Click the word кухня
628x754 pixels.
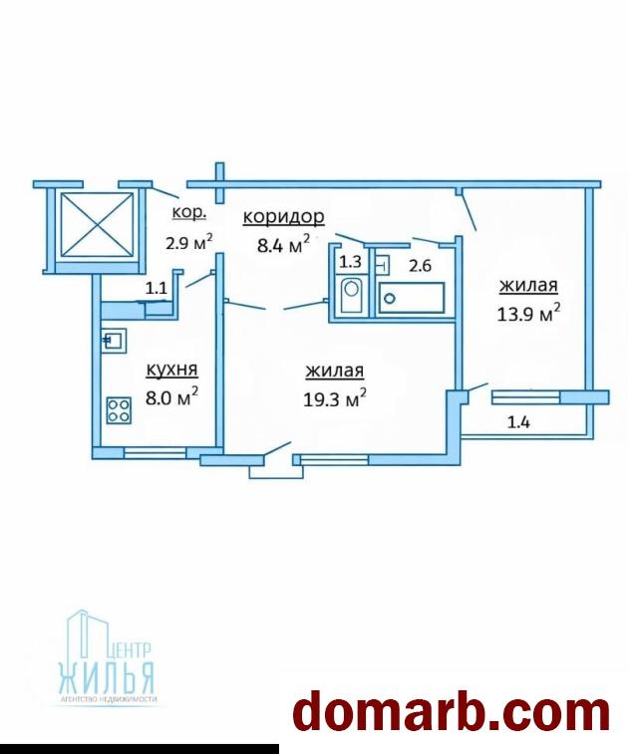(x=171, y=370)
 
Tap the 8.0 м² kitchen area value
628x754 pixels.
(x=171, y=396)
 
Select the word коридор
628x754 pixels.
(x=283, y=217)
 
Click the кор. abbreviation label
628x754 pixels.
(x=189, y=212)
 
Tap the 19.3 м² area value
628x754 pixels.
(x=335, y=397)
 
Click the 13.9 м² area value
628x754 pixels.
(x=528, y=313)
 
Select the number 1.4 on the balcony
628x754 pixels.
(x=518, y=422)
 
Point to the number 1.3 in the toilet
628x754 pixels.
(x=350, y=262)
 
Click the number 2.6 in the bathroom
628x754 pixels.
(x=420, y=265)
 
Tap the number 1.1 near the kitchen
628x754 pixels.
(x=156, y=288)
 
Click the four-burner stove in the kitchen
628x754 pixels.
(x=119, y=410)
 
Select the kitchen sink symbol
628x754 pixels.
(x=114, y=341)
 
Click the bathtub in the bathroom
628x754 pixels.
(x=412, y=298)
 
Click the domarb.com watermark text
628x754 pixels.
(x=452, y=711)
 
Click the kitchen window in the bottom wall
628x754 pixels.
(x=156, y=452)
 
